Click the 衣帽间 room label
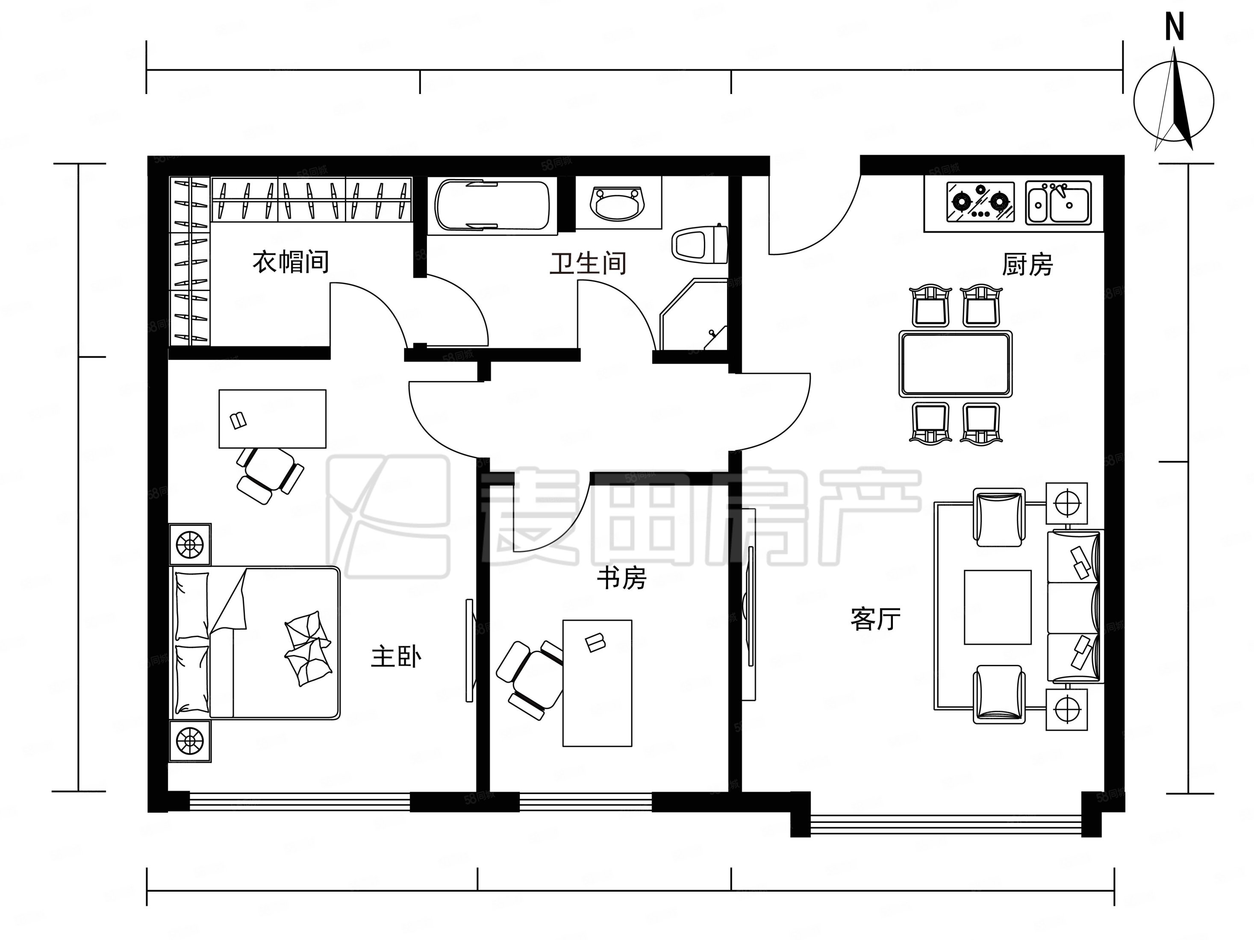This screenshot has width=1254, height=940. [x=290, y=262]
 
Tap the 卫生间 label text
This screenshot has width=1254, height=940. [x=587, y=264]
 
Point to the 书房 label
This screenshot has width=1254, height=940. [x=621, y=579]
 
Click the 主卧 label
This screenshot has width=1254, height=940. [x=396, y=657]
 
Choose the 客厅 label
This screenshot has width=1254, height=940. [x=875, y=619]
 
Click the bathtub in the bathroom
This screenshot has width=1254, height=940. [x=492, y=205]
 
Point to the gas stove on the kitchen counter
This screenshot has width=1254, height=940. [x=980, y=202]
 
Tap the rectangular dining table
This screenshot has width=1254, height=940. [x=955, y=364]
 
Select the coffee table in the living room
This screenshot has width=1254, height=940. [x=997, y=607]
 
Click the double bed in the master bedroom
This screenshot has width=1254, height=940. [x=255, y=643]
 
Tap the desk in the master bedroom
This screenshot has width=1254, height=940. [x=272, y=418]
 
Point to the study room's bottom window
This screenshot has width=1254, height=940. [x=585, y=802]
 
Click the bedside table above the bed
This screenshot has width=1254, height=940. [x=190, y=544]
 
